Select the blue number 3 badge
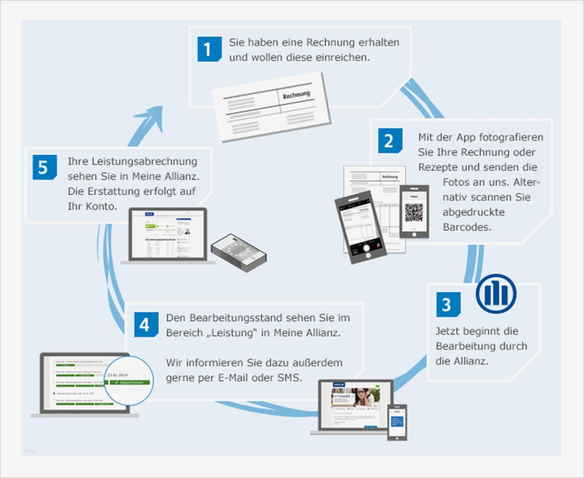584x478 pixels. coord(447,304)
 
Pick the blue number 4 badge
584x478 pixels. coord(144,324)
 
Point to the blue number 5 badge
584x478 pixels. coord(44,168)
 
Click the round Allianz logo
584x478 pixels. coord(495,294)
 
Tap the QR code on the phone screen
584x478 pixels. coord(414,212)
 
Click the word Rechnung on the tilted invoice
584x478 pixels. coord(296,94)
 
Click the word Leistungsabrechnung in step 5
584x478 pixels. coord(133,162)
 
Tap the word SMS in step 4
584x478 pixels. coord(307,378)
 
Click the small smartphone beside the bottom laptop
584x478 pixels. coord(397,422)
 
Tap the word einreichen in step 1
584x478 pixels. coord(344,58)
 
